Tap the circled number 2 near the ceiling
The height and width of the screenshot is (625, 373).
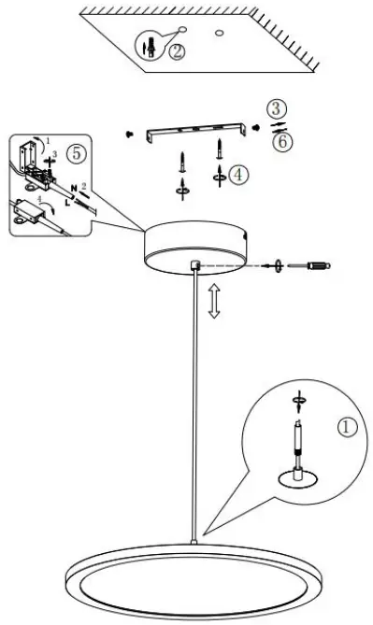177,51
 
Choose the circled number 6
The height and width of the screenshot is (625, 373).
278,140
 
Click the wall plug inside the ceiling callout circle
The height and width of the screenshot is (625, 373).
148,48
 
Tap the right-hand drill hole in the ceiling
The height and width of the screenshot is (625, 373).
218,35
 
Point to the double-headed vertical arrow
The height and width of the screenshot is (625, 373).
213,302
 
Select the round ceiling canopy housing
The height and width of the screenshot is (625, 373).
196,245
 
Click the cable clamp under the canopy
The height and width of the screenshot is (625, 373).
194,267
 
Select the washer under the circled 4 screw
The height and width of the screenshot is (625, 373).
218,174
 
